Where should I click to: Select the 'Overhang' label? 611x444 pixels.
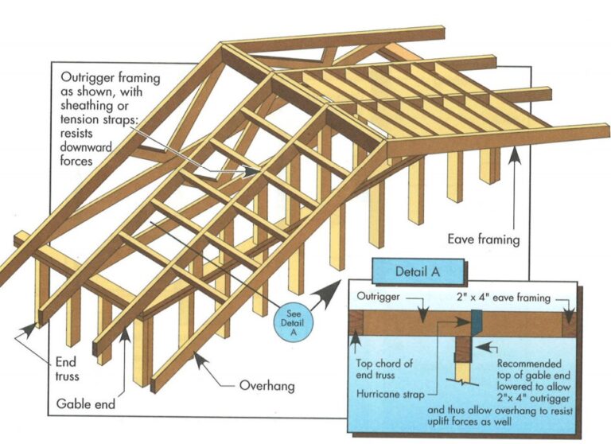pyautogui.click(x=267, y=387)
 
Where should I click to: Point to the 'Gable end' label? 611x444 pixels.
pyautogui.click(x=85, y=403)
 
